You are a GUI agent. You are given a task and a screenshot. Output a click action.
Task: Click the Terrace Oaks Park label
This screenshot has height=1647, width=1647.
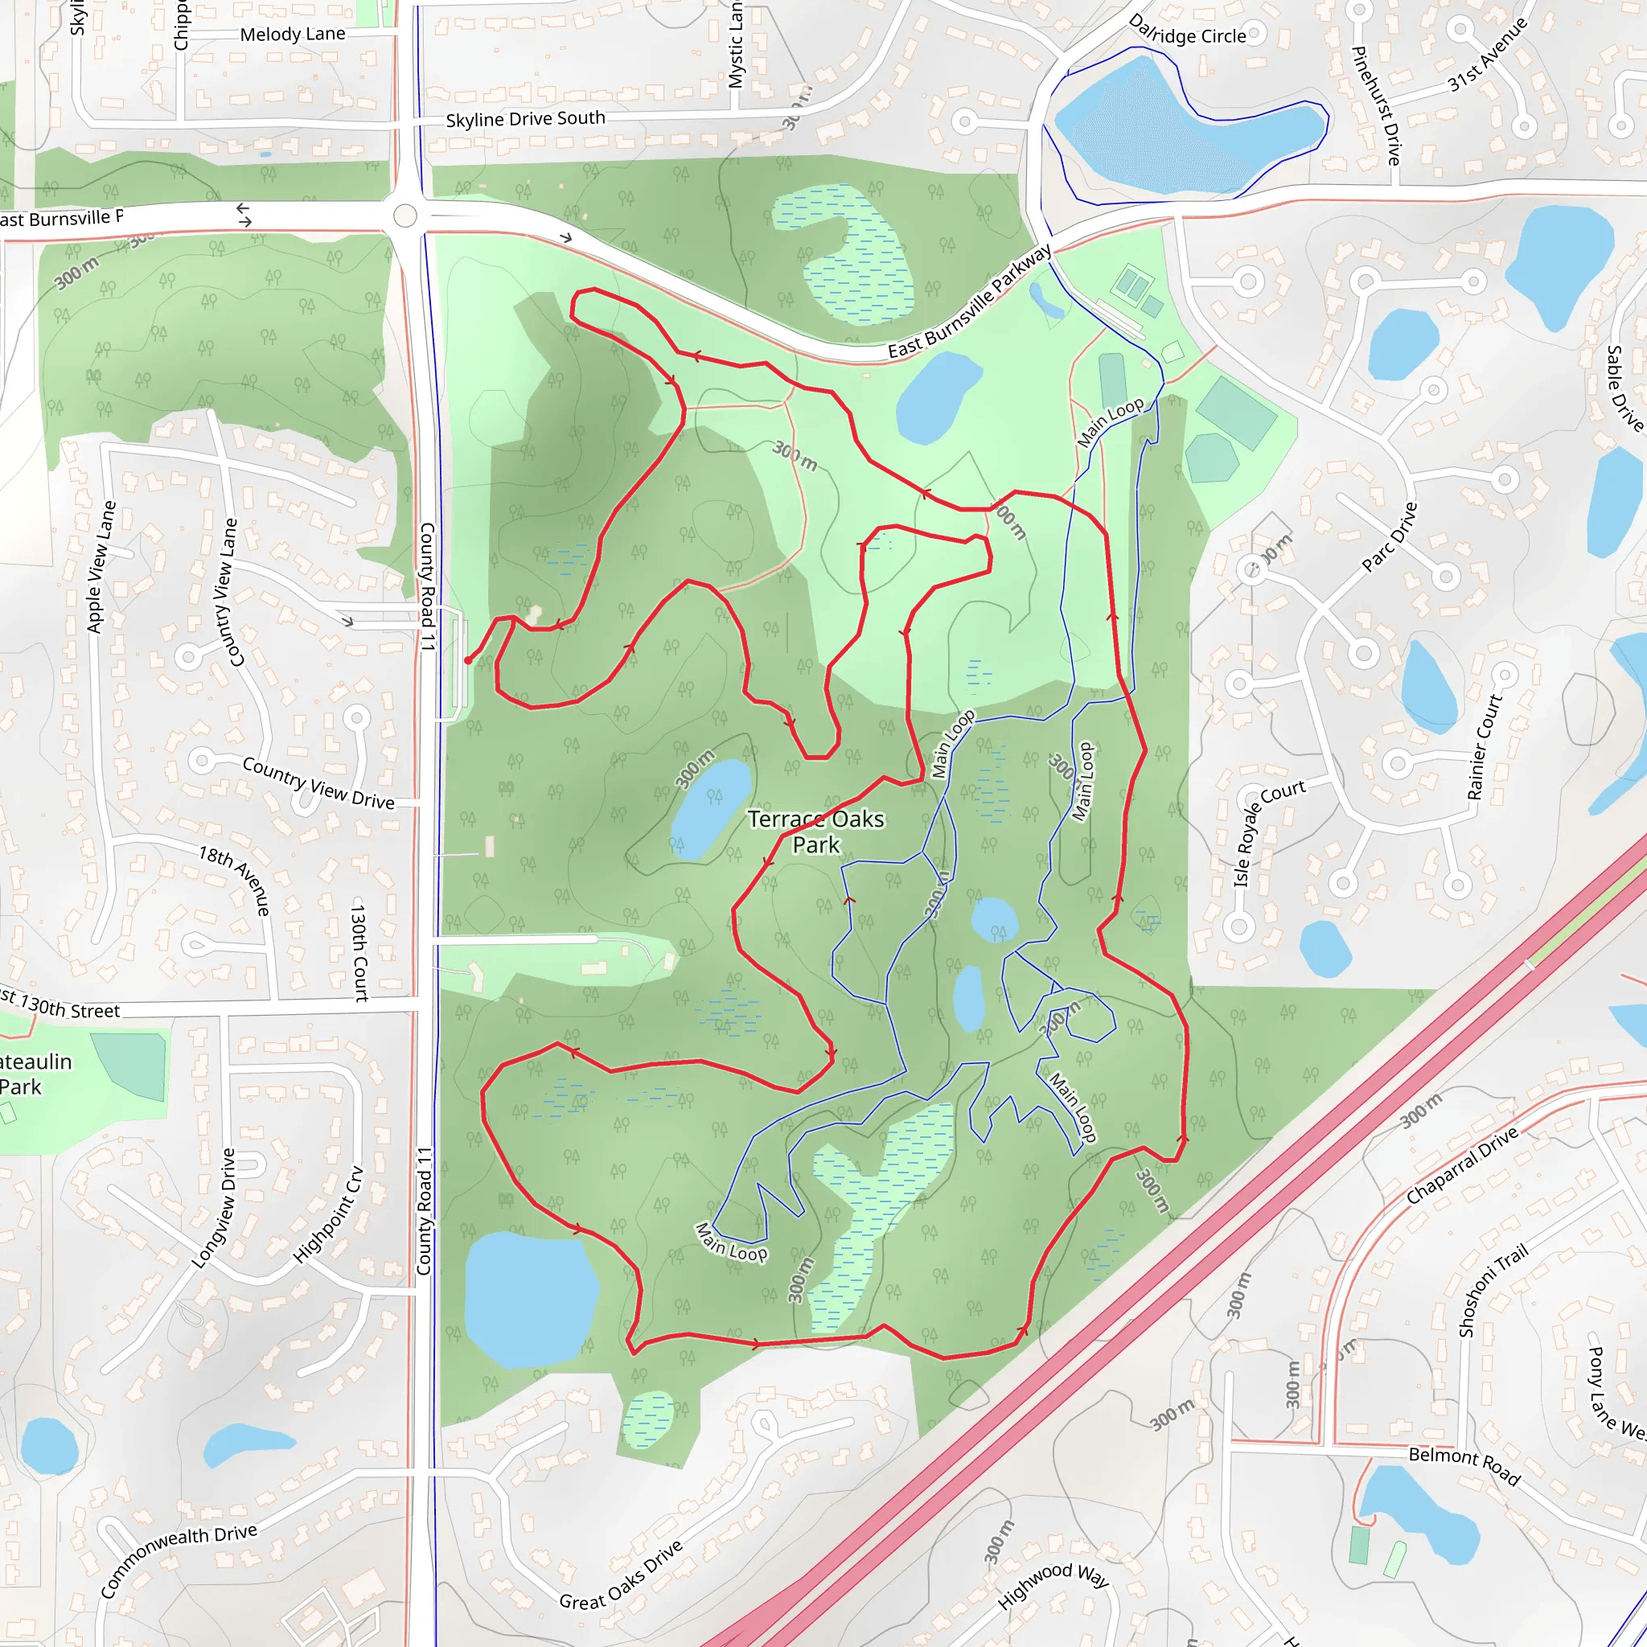815,832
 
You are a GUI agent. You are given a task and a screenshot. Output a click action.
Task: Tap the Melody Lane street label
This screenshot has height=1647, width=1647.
293,35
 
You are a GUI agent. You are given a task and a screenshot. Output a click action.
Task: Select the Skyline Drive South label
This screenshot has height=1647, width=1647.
525,119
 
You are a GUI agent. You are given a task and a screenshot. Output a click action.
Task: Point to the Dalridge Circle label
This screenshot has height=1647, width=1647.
1187,31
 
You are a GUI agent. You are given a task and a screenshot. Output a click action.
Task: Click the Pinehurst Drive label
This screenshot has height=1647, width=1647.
1376,105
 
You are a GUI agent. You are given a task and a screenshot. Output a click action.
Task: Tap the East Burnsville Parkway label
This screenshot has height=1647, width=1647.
969,303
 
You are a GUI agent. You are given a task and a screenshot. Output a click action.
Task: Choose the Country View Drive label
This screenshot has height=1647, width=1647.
318,782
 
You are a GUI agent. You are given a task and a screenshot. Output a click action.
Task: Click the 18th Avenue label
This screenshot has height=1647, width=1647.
235,880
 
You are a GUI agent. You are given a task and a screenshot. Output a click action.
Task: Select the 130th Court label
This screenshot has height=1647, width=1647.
359,952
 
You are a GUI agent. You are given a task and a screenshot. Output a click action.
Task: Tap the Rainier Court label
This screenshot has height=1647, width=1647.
1485,748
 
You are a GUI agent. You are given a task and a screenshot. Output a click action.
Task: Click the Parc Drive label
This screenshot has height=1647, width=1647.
1389,536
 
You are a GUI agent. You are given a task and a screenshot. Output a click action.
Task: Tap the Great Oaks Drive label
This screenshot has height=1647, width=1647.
622,1574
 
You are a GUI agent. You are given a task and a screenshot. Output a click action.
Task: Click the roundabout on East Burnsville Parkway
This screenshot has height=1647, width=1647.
405,216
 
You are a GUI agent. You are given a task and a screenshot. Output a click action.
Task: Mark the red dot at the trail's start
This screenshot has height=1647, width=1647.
468,659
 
